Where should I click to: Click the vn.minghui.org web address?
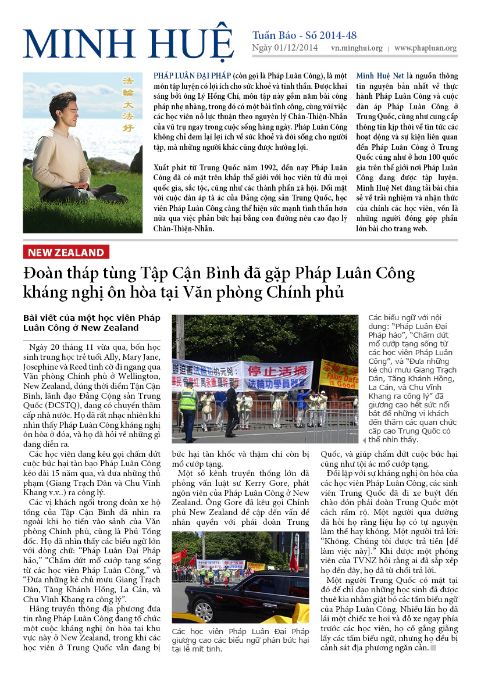coord(357,49)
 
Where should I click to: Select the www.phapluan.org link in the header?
coord(425,49)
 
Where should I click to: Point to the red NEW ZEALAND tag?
coord(66,252)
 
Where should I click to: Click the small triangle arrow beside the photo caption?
coord(365,441)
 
